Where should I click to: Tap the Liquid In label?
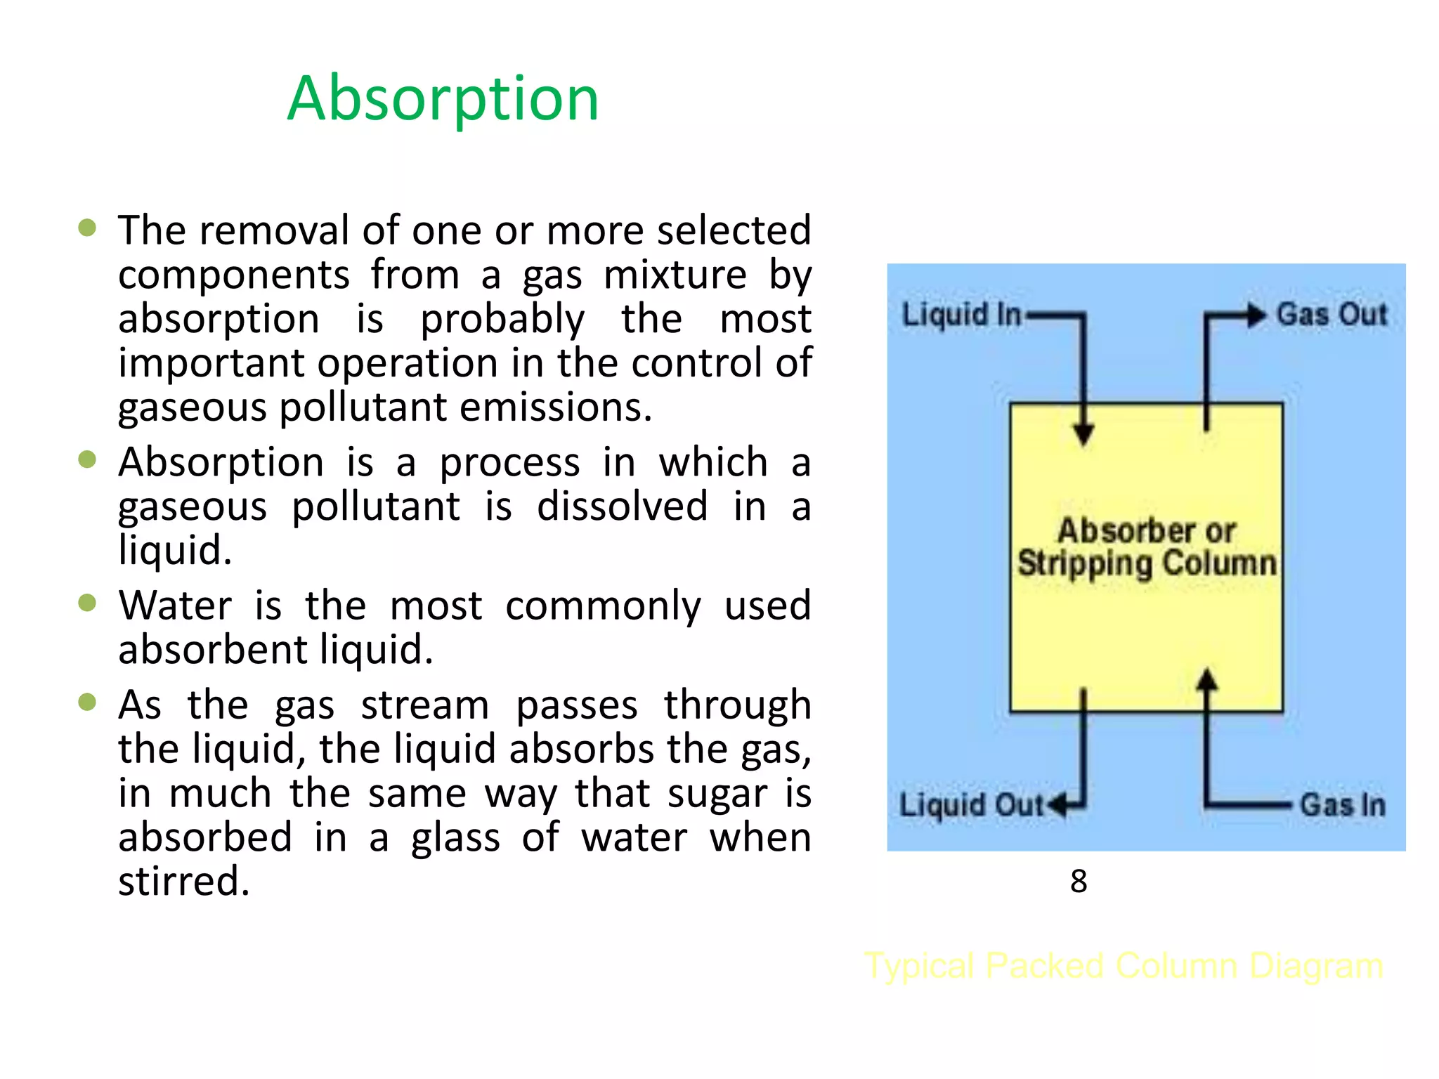point(961,314)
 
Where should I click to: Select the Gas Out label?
point(1331,314)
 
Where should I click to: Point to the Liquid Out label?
point(972,804)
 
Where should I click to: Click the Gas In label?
point(1342,804)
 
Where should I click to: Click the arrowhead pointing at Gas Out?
point(1256,315)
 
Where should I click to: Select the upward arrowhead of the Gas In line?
point(1207,679)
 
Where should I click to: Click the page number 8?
point(1079,881)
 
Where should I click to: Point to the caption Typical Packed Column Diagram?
point(1124,966)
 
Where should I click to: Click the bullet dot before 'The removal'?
point(87,228)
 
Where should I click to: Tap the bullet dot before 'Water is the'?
point(87,603)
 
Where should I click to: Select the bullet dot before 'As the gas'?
point(87,702)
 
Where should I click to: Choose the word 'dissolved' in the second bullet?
point(622,506)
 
